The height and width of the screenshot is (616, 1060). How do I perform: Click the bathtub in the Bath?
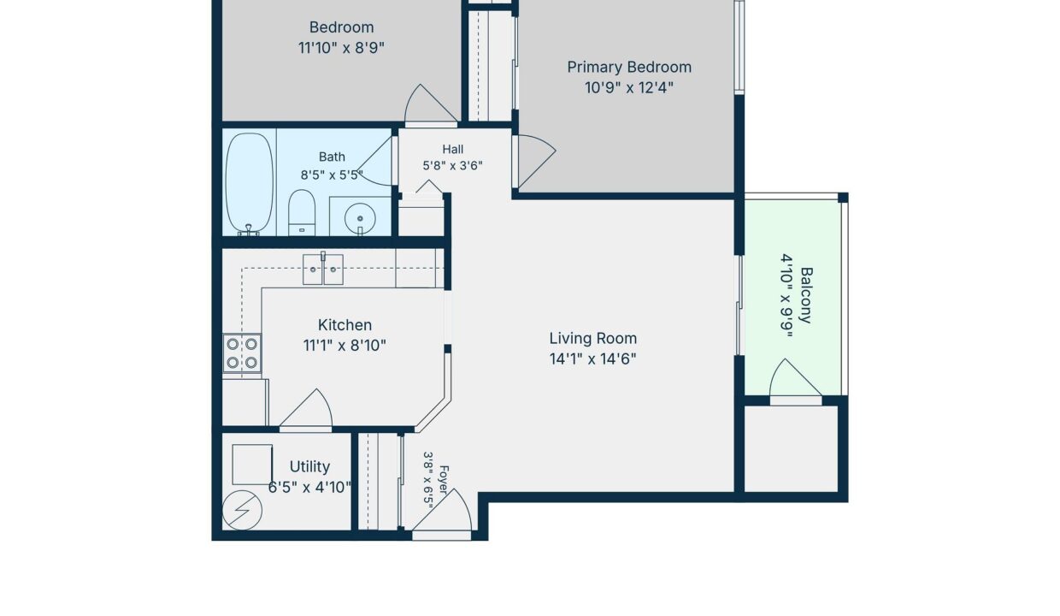coord(249,184)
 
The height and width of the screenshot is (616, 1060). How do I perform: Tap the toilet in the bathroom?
coord(302,212)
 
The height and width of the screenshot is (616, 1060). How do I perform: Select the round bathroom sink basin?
coord(360,219)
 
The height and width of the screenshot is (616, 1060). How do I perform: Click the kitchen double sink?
coord(323,269)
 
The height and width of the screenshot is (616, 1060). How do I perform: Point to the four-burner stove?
coord(242,352)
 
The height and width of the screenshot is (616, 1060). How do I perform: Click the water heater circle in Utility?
coord(242,511)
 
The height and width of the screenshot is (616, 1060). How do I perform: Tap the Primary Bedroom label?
coord(629,68)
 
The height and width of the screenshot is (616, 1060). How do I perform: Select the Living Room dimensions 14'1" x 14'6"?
coord(592,358)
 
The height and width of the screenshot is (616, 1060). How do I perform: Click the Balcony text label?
coord(806,295)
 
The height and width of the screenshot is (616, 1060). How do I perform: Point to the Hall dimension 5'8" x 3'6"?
coord(452,166)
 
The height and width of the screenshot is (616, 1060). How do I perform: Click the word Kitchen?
coord(344,325)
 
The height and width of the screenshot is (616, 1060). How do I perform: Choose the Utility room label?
coord(309,467)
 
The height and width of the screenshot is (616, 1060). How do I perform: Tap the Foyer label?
coord(444,480)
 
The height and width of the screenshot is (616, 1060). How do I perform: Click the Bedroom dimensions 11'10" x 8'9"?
coord(341,48)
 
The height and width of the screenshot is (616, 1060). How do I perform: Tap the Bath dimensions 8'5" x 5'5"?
coord(332,175)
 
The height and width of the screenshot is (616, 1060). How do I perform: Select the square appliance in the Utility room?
coord(252,465)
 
